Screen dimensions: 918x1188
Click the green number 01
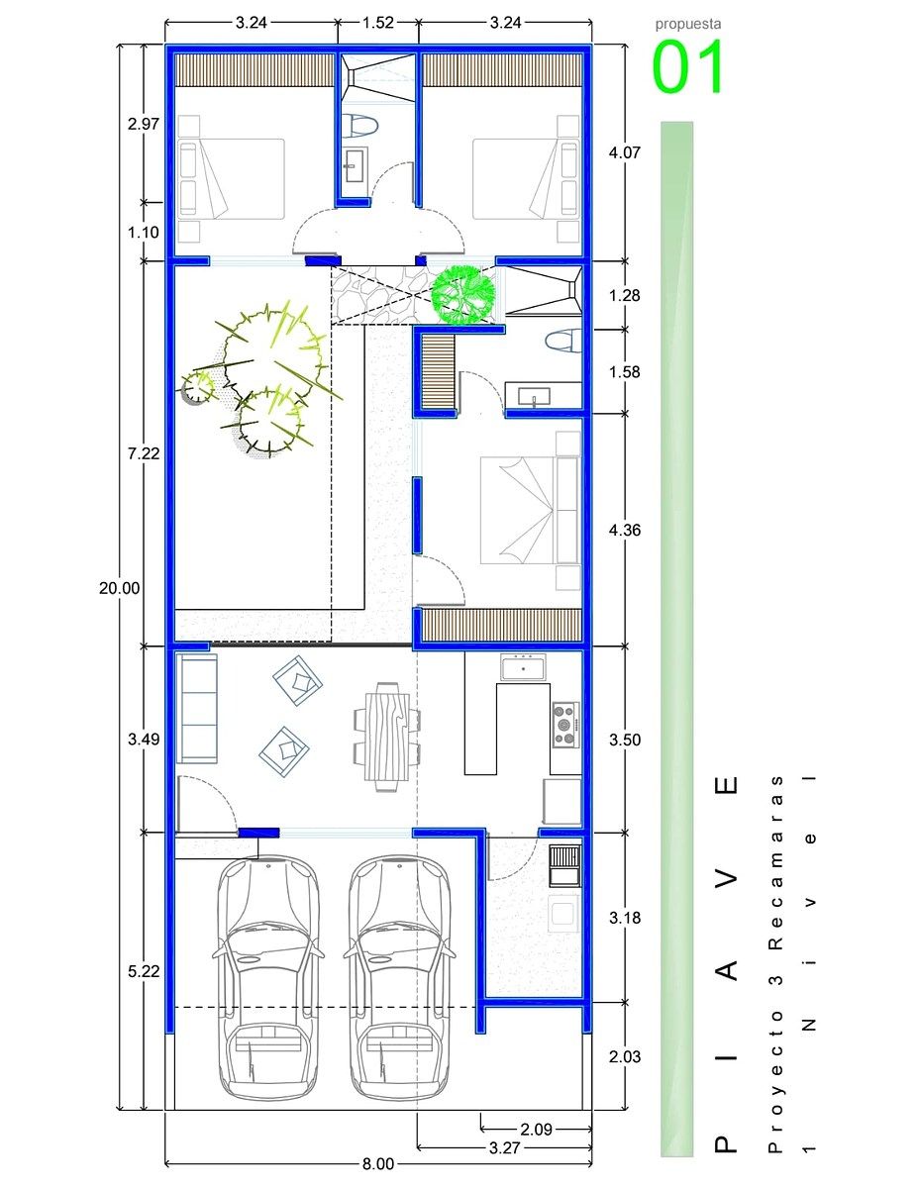click(x=688, y=67)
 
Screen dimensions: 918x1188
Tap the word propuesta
click(x=688, y=24)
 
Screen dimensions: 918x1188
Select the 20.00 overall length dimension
click(x=119, y=588)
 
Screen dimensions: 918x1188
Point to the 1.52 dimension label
click(x=378, y=23)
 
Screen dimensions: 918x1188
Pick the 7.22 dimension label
click(x=144, y=453)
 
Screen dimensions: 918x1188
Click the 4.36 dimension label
click(x=625, y=530)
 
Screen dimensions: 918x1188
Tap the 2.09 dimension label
click(x=536, y=1130)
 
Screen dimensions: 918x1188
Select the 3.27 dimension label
click(x=503, y=1147)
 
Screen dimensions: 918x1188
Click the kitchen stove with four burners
click(x=565, y=725)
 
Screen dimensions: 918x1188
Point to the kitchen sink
click(x=523, y=667)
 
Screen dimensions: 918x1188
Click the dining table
click(x=387, y=737)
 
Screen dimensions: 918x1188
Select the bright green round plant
click(x=464, y=295)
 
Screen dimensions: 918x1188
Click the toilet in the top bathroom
click(x=359, y=125)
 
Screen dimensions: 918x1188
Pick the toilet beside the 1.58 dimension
click(x=563, y=341)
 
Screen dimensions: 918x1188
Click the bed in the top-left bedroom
click(x=232, y=179)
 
